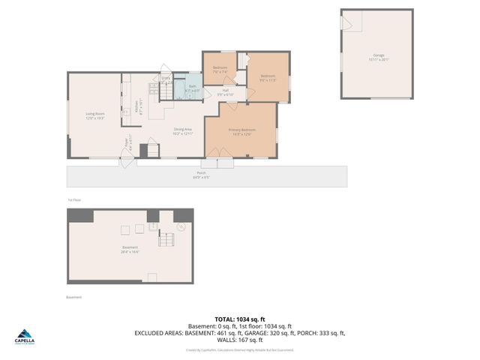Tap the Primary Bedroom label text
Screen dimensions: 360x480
241,132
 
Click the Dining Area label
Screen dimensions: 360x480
184,132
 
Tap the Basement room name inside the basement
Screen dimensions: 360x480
130,250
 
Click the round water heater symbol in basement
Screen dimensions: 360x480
180,224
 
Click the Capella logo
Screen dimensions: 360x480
25,339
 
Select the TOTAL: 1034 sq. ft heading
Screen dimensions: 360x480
239,319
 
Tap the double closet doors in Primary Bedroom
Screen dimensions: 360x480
217,153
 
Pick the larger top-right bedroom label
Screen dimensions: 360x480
268,77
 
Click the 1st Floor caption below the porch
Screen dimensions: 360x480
73,200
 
